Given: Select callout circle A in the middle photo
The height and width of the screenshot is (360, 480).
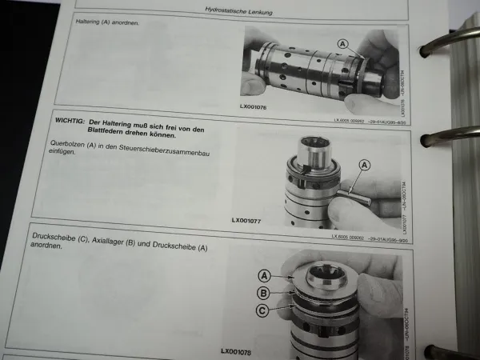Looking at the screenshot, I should (366, 165).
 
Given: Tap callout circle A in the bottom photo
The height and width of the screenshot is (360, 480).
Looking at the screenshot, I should (266, 274).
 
